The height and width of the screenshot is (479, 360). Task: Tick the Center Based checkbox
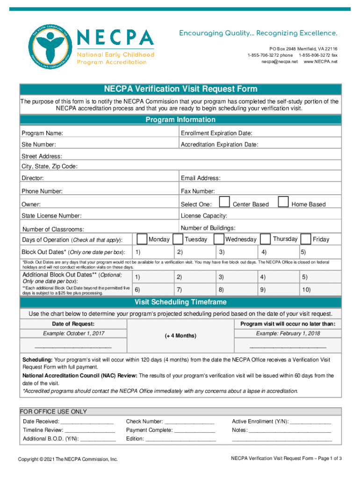[x=225, y=202]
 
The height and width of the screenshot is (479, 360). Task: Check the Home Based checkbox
[x=283, y=202]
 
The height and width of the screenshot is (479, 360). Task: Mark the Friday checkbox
[x=306, y=239]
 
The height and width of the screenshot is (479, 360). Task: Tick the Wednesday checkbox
[x=219, y=239]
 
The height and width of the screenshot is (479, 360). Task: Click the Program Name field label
[x=43, y=133]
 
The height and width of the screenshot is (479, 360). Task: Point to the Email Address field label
[x=201, y=178]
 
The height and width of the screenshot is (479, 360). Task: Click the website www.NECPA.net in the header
[x=320, y=62]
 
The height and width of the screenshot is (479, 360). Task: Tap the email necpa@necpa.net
[x=279, y=62]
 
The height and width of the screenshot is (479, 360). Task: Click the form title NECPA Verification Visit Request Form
[x=180, y=89]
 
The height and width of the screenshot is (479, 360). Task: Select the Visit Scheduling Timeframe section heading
[x=180, y=302]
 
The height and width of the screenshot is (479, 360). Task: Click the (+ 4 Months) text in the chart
[x=180, y=336]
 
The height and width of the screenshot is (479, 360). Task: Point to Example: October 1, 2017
[x=74, y=334]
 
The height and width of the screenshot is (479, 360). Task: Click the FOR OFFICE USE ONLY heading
[x=53, y=412]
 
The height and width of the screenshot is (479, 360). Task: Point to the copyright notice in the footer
[x=68, y=459]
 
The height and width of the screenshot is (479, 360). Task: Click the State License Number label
[x=51, y=216]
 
